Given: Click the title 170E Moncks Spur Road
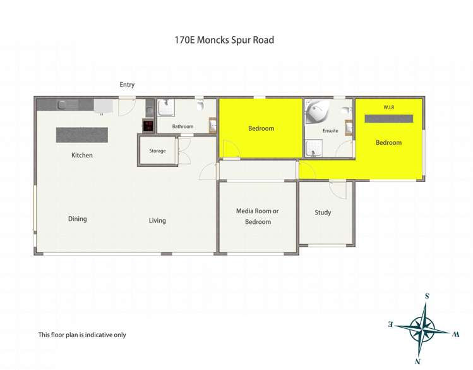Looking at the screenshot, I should [224, 40].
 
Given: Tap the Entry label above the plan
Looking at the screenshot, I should [127, 85].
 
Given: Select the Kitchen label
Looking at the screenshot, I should [82, 155].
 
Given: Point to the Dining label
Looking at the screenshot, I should [78, 219].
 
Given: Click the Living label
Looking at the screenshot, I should [157, 221].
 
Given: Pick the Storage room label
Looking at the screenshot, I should [157, 151].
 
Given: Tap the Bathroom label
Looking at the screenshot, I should [183, 126].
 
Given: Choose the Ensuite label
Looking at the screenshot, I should [330, 131].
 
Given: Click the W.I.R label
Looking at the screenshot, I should [388, 108].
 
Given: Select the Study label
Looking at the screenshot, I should [323, 213].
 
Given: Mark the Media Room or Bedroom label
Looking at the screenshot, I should [258, 216].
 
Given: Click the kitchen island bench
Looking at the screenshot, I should [82, 135].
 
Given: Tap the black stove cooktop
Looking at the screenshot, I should [148, 126].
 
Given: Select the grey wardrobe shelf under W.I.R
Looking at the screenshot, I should [388, 118].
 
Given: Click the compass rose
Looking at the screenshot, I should [422, 328].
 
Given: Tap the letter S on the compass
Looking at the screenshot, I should [428, 296].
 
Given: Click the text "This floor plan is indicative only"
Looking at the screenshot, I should [82, 335].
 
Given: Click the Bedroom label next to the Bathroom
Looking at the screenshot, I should [261, 128].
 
